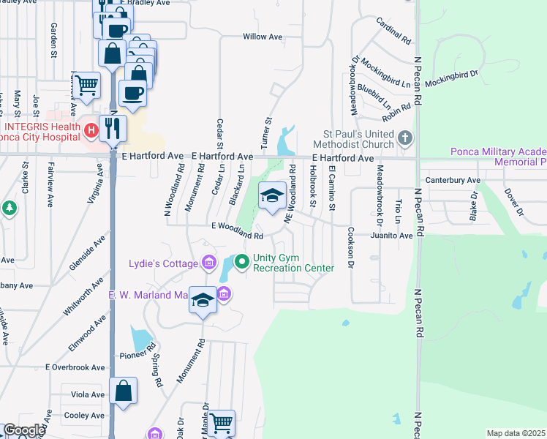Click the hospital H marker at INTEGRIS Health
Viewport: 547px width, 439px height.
tap(91, 132)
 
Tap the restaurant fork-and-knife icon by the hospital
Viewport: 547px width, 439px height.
tap(113, 128)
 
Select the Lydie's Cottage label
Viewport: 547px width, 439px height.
tap(163, 263)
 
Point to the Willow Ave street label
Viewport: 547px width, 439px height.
tap(263, 37)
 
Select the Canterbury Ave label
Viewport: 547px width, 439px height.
tap(453, 180)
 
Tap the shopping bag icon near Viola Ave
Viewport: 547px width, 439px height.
tap(124, 391)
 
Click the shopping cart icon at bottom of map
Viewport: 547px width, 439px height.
tap(222, 422)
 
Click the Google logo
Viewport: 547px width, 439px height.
tap(23, 430)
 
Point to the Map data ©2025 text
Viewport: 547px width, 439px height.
tap(516, 433)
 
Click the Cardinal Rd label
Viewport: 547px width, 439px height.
tap(393, 31)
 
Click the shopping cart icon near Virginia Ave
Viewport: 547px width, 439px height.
tap(86, 84)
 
